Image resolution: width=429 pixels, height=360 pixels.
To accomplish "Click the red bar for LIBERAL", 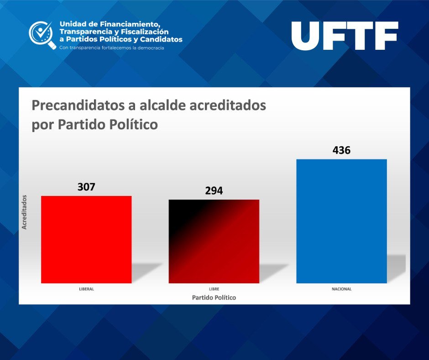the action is tap(86, 239).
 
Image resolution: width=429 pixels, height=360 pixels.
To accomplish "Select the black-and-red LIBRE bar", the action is tap(214, 241).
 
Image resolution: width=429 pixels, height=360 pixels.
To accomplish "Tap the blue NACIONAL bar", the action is tap(341, 221).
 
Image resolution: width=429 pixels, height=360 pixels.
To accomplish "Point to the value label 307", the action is tap(86, 187).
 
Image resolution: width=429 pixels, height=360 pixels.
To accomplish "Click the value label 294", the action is tap(214, 191).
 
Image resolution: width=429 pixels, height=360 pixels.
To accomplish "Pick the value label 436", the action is tap(341, 150).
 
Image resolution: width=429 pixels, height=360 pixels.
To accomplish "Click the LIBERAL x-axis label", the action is tap(86, 289).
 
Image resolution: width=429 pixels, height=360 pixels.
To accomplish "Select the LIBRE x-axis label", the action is tap(214, 289).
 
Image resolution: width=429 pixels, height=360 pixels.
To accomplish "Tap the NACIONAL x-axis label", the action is tap(341, 289).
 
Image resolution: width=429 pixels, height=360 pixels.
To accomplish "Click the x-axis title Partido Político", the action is tap(214, 297).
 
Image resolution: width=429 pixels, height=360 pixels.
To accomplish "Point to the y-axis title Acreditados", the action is tap(24, 212).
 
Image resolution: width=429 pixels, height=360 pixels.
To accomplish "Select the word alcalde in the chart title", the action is tap(163, 105).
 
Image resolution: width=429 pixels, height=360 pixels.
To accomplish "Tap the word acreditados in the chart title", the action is tap(228, 105).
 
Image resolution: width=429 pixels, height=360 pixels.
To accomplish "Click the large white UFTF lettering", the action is tap(345, 36).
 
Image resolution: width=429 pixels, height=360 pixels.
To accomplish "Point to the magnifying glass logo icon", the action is tap(42, 35).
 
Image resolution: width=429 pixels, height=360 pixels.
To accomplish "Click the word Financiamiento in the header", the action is tap(130, 24).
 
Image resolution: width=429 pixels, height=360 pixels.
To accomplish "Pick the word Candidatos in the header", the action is tap(161, 39).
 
